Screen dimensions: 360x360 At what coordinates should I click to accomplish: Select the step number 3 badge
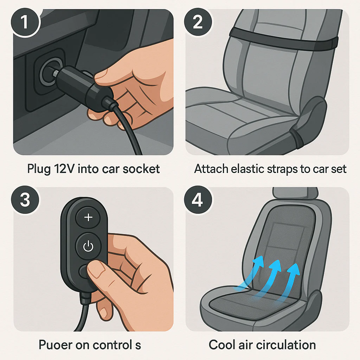tap(25, 200)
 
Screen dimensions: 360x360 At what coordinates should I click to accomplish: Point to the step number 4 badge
tap(198, 200)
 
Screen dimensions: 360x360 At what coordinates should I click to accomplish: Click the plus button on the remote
tap(88, 218)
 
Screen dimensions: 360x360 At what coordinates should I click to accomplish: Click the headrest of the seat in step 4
tap(295, 193)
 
